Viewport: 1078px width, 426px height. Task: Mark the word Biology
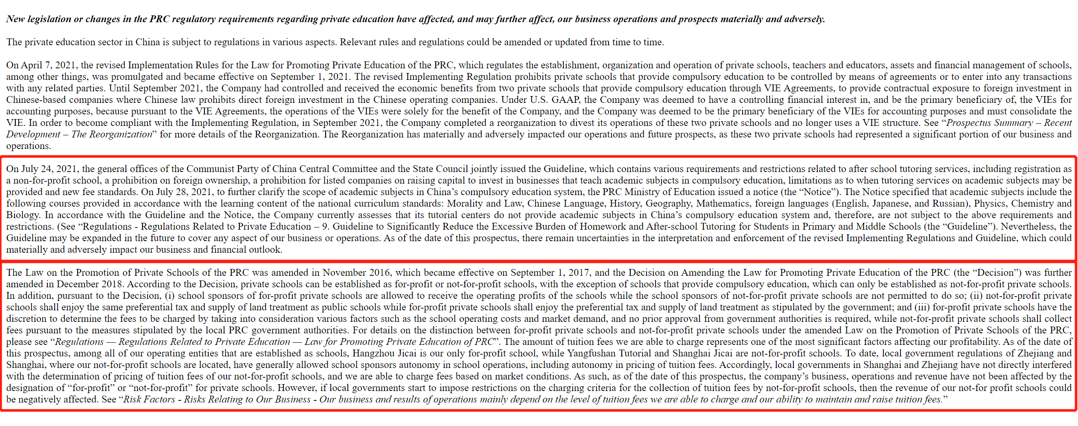(23, 215)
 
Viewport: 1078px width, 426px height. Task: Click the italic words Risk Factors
(149, 400)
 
